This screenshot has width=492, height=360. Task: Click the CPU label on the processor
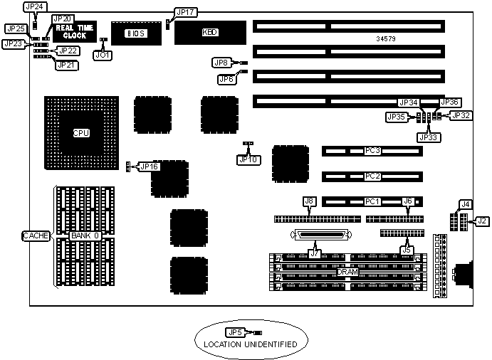80,133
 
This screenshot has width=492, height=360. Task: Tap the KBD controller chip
210,33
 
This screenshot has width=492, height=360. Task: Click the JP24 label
33,6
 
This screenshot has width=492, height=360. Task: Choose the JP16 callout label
150,166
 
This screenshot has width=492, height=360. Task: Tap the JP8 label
222,63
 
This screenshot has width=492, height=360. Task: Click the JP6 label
226,79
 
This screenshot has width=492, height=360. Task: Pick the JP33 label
429,137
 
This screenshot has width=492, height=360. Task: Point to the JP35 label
397,116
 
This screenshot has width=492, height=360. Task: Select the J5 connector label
407,249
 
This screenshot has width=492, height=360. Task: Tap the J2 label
482,221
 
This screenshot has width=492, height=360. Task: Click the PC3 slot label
372,151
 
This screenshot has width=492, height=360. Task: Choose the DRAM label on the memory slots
347,272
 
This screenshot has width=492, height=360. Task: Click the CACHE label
36,235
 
